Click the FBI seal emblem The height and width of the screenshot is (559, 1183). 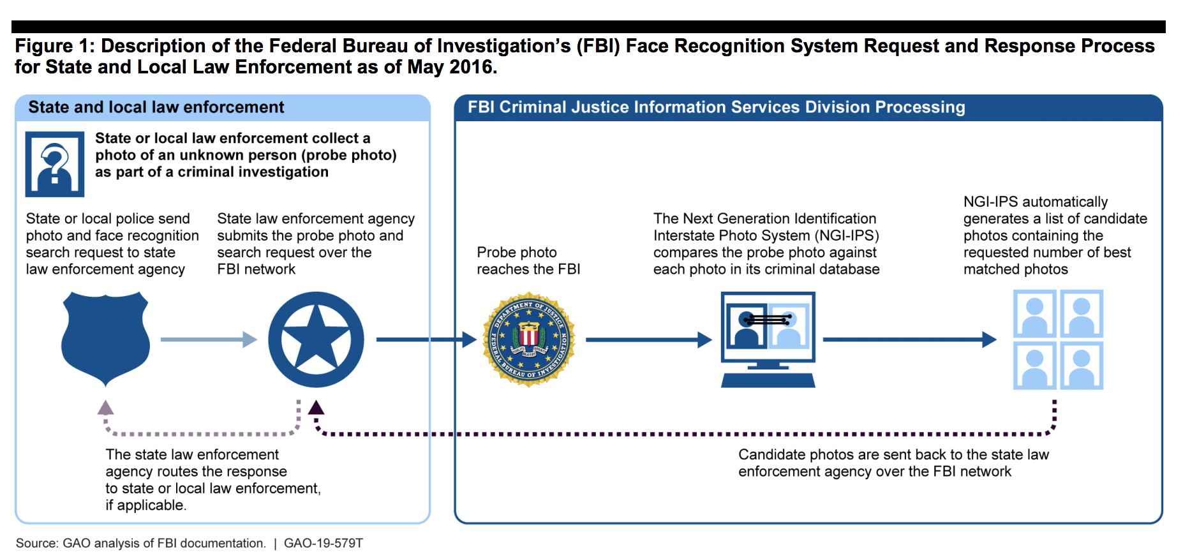coord(529,339)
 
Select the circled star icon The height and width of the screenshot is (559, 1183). coord(316,339)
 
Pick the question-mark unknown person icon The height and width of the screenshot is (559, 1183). coord(55,164)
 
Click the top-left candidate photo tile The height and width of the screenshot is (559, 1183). coord(1034,313)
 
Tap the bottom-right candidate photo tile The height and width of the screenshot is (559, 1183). coord(1082,366)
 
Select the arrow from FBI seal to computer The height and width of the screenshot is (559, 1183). coord(648,339)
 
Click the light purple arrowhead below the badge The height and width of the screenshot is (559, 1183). coord(105,408)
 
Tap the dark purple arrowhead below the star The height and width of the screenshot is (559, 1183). coord(316,408)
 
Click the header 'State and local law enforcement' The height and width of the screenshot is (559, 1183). coord(156,107)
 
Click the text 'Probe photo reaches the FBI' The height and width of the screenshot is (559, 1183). coord(528,261)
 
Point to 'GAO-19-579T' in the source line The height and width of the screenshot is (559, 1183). coord(324,543)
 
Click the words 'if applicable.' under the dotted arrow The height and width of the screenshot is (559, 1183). coord(146,505)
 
